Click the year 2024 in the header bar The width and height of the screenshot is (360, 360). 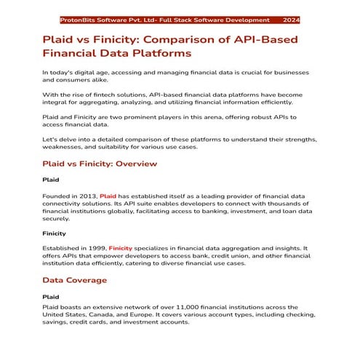pyautogui.click(x=291, y=20)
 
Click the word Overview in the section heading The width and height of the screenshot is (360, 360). pyautogui.click(x=133, y=163)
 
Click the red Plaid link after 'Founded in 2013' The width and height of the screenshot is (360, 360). pyautogui.click(x=108, y=196)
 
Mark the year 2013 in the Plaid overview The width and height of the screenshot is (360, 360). pyautogui.click(x=88, y=196)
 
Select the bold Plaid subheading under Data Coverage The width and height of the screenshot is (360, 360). pyautogui.click(x=50, y=297)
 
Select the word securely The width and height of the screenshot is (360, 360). pyautogui.click(x=57, y=218)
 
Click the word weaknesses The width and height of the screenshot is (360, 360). pyautogui.click(x=68, y=148)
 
